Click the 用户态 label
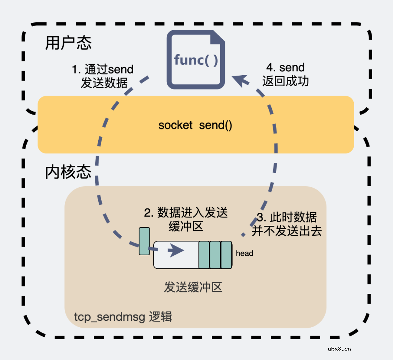pyautogui.click(x=68, y=43)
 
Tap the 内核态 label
pyautogui.click(x=68, y=172)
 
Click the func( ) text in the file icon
pyautogui.click(x=196, y=60)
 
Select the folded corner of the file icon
pyautogui.click(x=217, y=38)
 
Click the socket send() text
pyautogui.click(x=195, y=125)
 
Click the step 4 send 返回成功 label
pyautogui.click(x=285, y=74)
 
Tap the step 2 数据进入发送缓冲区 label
pyautogui.click(x=186, y=219)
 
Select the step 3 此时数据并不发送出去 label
pyautogui.click(x=287, y=224)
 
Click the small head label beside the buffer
pyautogui.click(x=244, y=253)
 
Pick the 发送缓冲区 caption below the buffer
pyautogui.click(x=193, y=287)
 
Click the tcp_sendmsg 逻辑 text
pyautogui.click(x=123, y=317)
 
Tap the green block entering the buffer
pyautogui.click(x=144, y=241)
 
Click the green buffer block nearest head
pyautogui.click(x=226, y=255)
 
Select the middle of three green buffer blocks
pyautogui.click(x=215, y=255)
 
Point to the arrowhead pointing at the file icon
pyautogui.click(x=238, y=79)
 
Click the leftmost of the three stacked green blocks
pyautogui.click(x=204, y=255)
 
